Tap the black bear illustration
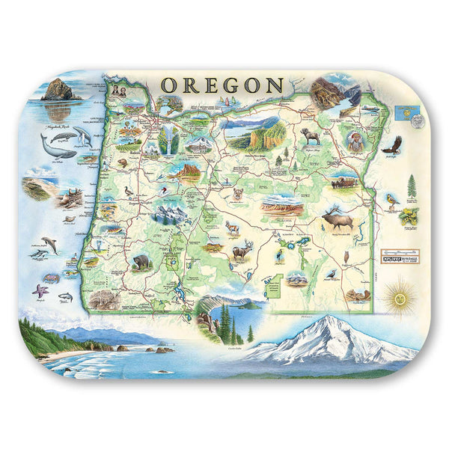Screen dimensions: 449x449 141,262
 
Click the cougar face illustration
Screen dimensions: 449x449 239,193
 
